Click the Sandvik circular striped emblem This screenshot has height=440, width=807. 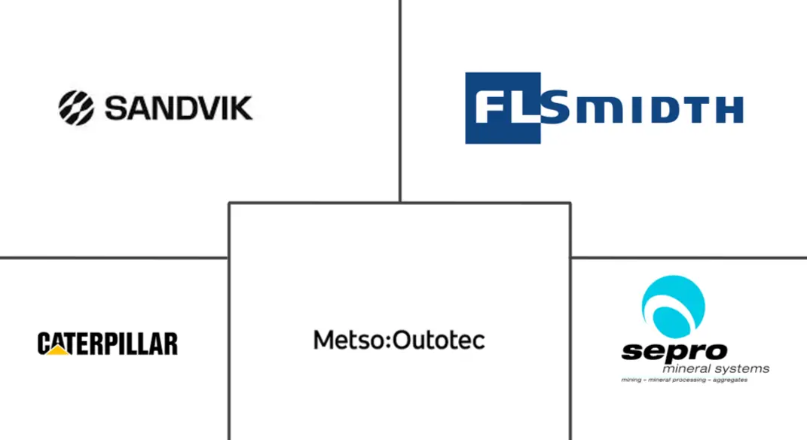(x=76, y=108)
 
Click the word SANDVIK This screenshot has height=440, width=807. (x=179, y=108)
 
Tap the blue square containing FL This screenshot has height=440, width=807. (x=503, y=108)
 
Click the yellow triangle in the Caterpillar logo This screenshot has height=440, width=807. (x=57, y=350)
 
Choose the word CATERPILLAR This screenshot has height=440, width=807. (x=108, y=344)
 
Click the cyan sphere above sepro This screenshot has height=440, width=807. (x=673, y=307)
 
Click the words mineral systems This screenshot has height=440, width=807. (x=716, y=369)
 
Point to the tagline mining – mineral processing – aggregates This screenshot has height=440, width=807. (x=684, y=380)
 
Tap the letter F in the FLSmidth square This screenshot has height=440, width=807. (x=488, y=107)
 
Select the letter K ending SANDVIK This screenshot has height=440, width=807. (x=240, y=108)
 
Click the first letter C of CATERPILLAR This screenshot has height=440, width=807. (x=44, y=344)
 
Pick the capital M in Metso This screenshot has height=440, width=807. (x=323, y=340)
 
